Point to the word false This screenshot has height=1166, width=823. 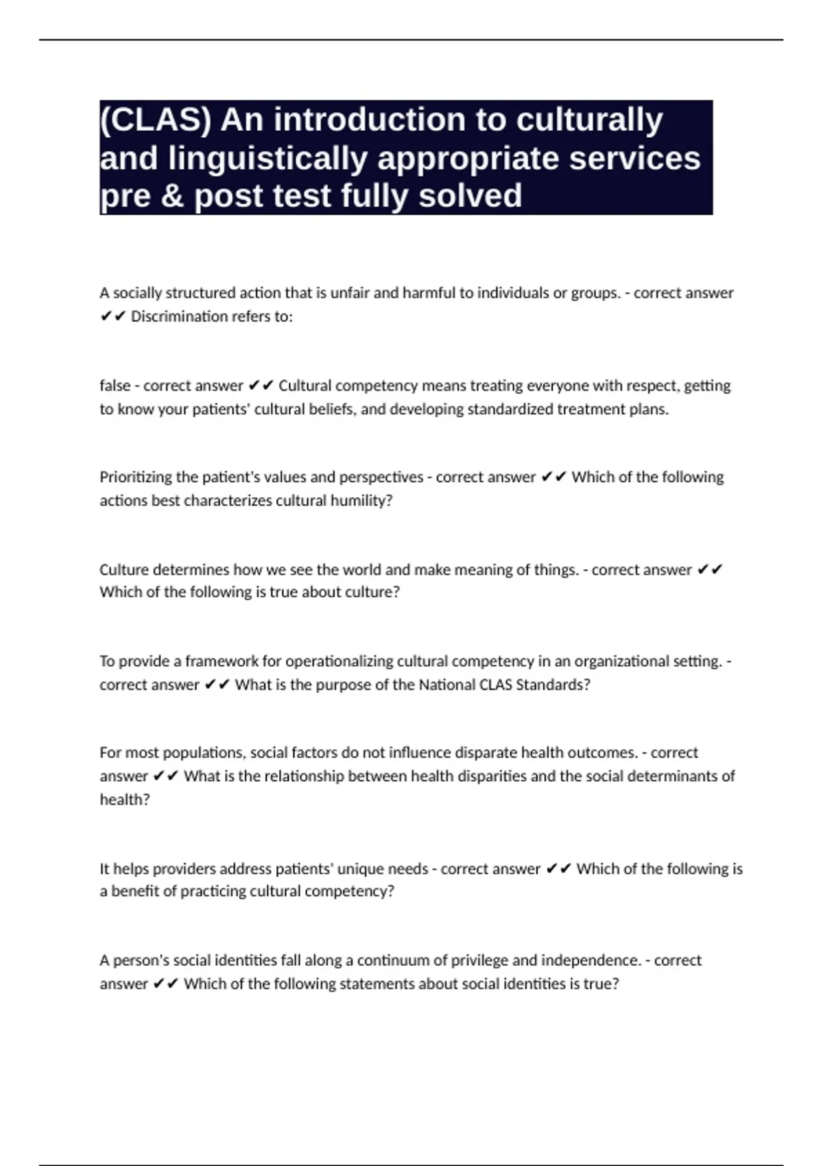115,385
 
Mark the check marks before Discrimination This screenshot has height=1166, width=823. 112,316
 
